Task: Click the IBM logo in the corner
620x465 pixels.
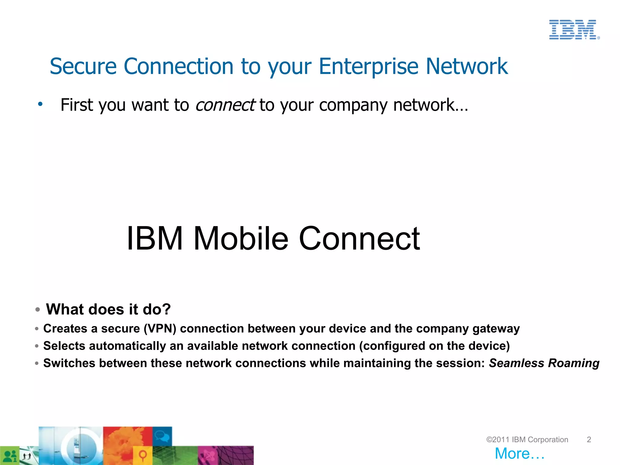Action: pyautogui.click(x=574, y=30)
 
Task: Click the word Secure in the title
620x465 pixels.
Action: pyautogui.click(x=83, y=66)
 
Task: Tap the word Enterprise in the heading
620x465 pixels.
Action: pyautogui.click(x=369, y=66)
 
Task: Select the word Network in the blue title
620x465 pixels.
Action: pyautogui.click(x=467, y=66)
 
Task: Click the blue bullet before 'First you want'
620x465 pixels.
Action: pyautogui.click(x=40, y=104)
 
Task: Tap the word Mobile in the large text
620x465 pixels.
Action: pyautogui.click(x=241, y=239)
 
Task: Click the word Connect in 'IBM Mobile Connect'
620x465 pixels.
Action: pyautogui.click(x=359, y=239)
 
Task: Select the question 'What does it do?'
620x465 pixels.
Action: pyautogui.click(x=108, y=309)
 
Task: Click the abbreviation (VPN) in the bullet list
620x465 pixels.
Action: pyautogui.click(x=160, y=329)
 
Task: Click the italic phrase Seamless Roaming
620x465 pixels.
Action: pyautogui.click(x=544, y=363)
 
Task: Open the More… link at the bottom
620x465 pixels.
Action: pyautogui.click(x=519, y=453)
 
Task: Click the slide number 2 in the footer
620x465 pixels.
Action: pyautogui.click(x=589, y=440)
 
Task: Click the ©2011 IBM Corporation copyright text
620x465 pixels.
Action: pyautogui.click(x=527, y=440)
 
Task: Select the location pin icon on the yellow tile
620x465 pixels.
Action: pyautogui.click(x=143, y=455)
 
